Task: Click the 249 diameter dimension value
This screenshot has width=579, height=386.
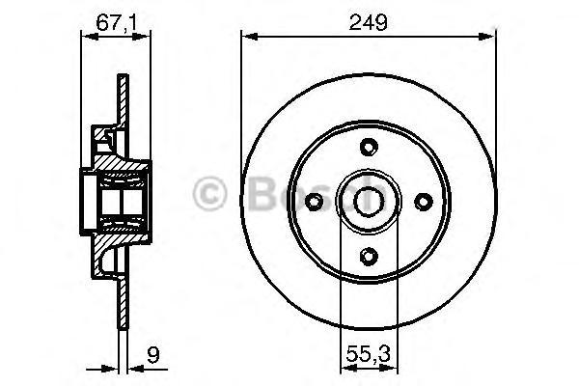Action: [369, 20]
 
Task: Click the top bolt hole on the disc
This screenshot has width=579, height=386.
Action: [367, 148]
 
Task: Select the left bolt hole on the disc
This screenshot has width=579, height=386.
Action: [314, 201]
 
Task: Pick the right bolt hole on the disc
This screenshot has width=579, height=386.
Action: [421, 201]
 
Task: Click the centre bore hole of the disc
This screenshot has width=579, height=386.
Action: [367, 201]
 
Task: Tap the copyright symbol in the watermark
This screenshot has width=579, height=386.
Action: [208, 193]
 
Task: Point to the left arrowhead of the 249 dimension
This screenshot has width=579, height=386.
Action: [246, 37]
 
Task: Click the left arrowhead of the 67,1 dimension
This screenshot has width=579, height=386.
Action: [80, 37]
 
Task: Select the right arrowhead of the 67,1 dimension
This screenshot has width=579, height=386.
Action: [146, 37]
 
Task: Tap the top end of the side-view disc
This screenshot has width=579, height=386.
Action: [124, 77]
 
